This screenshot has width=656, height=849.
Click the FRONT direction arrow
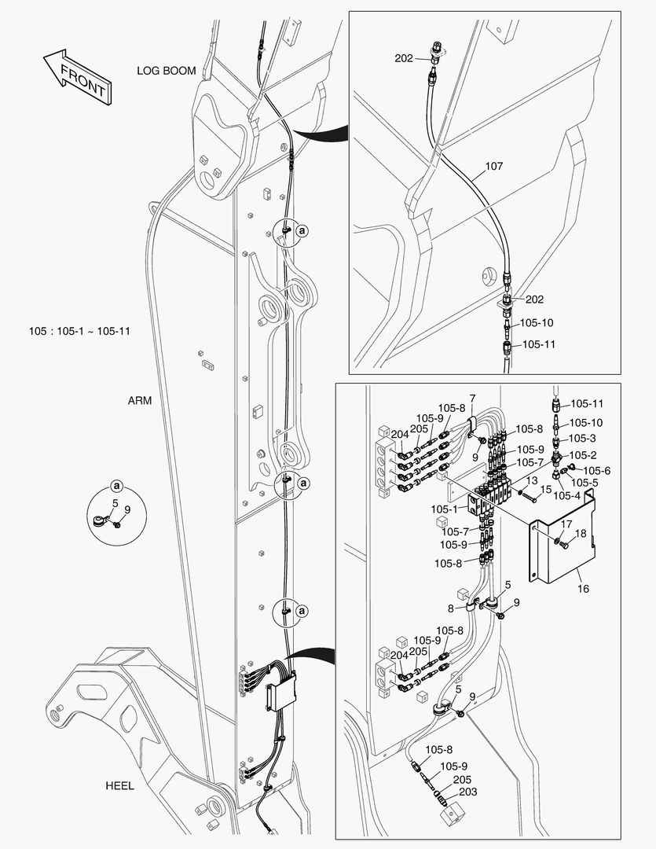tap(76, 76)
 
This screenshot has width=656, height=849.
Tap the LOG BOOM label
tap(166, 71)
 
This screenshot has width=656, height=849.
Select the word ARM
tap(140, 400)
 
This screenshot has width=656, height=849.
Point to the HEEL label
tap(119, 785)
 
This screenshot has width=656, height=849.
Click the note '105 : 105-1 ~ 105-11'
tap(79, 331)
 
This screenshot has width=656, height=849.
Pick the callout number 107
tap(493, 167)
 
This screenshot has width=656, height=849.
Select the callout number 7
tap(472, 399)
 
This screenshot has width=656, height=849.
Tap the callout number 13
tap(532, 480)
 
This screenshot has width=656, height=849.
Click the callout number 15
tap(545, 490)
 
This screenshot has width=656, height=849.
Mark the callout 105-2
tap(583, 454)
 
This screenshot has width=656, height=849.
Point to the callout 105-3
tap(583, 439)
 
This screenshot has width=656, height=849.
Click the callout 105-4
tap(566, 495)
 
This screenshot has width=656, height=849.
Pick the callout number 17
tap(566, 524)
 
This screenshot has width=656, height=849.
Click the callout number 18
tap(580, 534)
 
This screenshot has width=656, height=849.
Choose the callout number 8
tap(449, 608)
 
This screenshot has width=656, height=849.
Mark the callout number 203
tap(467, 792)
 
